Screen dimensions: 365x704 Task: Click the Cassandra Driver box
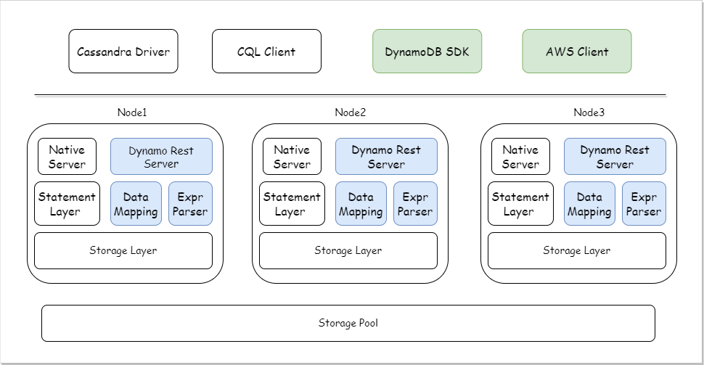click(123, 52)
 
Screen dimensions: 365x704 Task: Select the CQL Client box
click(266, 52)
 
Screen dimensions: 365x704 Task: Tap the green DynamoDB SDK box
click(427, 52)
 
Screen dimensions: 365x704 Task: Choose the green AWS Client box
click(577, 52)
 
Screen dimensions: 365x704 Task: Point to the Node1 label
click(132, 112)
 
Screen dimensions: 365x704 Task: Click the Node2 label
click(350, 112)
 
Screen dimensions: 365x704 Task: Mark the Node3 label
click(589, 112)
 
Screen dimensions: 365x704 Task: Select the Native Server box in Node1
click(67, 157)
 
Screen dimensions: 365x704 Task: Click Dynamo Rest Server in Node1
click(161, 157)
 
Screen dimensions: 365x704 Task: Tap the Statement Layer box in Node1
click(67, 204)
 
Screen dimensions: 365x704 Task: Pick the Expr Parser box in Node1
click(190, 204)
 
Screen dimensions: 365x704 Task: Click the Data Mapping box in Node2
click(361, 204)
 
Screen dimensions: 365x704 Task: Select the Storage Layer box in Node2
click(348, 250)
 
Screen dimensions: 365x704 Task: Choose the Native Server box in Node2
click(292, 157)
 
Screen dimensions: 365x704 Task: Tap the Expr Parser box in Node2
click(415, 204)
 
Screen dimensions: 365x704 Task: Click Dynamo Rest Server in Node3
click(615, 157)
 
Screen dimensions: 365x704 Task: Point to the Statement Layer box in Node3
click(519, 204)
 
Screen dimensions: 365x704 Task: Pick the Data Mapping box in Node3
click(589, 204)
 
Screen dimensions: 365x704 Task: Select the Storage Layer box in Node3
click(577, 250)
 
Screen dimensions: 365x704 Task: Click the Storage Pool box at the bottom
click(348, 323)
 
